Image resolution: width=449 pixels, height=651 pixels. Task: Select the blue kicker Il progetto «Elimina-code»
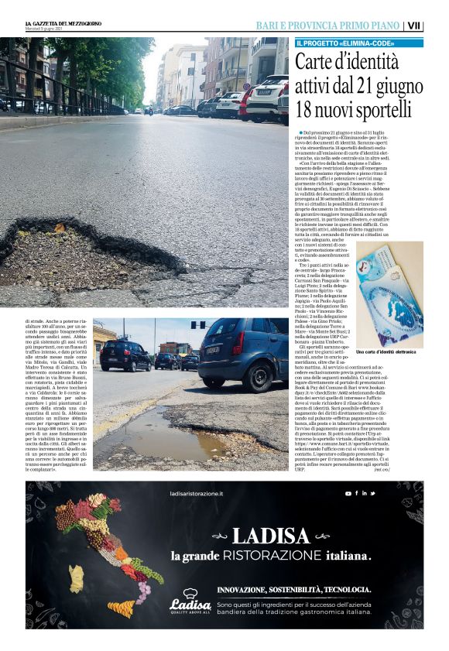345,43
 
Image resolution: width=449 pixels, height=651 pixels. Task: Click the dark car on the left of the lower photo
125,356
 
